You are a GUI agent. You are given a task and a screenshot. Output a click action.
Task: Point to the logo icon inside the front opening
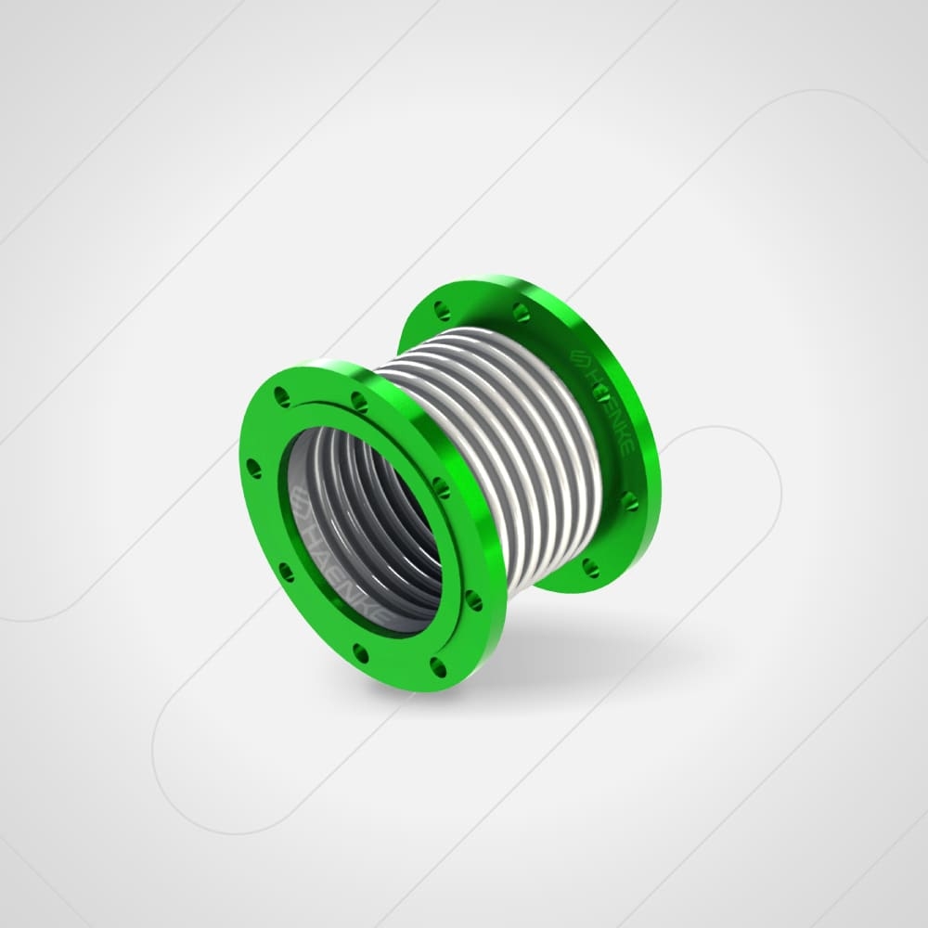pos(301,502)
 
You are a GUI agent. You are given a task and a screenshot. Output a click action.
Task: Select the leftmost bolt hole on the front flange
pos(253,468)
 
